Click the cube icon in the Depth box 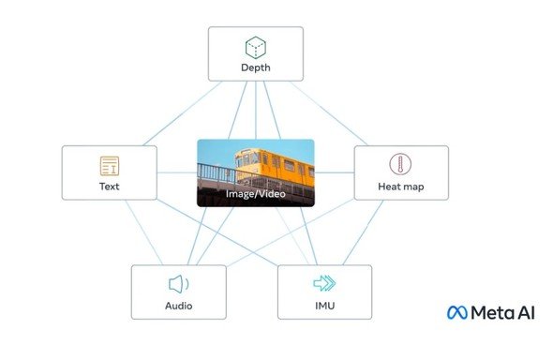[255, 47]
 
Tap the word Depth [256, 67]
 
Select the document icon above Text [110, 166]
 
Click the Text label [110, 187]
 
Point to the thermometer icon [400, 164]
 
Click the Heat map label [401, 187]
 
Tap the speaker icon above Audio [178, 284]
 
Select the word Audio [179, 306]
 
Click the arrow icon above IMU [324, 283]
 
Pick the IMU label [325, 306]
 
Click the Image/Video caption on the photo [255, 193]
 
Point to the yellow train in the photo [275, 168]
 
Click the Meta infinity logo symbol [457, 313]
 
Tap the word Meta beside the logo [494, 313]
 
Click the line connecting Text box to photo [177, 172]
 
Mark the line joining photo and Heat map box [335, 172]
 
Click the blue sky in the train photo [216, 151]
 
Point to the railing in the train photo [217, 172]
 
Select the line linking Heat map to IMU [363, 232]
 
